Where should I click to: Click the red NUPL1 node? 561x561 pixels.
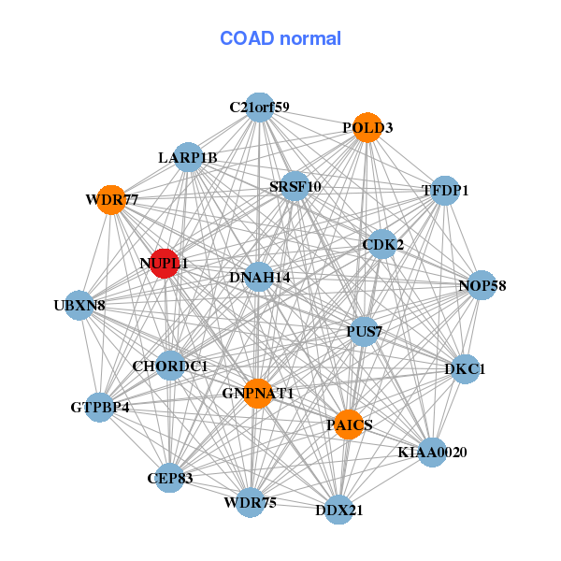tap(165, 264)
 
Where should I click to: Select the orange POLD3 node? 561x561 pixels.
tap(367, 127)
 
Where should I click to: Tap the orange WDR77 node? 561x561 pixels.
tap(111, 200)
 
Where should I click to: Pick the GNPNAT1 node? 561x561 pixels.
tap(258, 394)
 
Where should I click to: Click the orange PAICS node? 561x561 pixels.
tap(349, 424)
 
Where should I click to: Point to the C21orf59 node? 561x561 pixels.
tap(260, 108)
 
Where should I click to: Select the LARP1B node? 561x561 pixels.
tap(188, 157)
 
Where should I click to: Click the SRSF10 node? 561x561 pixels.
tap(295, 186)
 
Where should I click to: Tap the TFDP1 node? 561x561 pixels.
tap(445, 191)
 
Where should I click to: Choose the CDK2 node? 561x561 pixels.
tap(382, 244)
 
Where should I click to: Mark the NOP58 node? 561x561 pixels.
tap(482, 285)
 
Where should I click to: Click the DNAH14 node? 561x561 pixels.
tap(259, 277)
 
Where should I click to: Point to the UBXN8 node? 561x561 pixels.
tap(79, 306)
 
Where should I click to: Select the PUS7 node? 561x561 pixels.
tap(364, 331)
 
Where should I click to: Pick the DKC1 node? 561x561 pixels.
tap(465, 369)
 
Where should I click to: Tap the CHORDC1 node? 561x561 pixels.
tap(170, 366)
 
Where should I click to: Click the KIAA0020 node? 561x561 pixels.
tap(432, 453)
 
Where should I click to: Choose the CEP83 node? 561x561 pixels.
tap(170, 478)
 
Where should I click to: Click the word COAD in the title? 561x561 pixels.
tap(247, 38)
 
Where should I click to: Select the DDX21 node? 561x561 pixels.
tap(338, 510)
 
